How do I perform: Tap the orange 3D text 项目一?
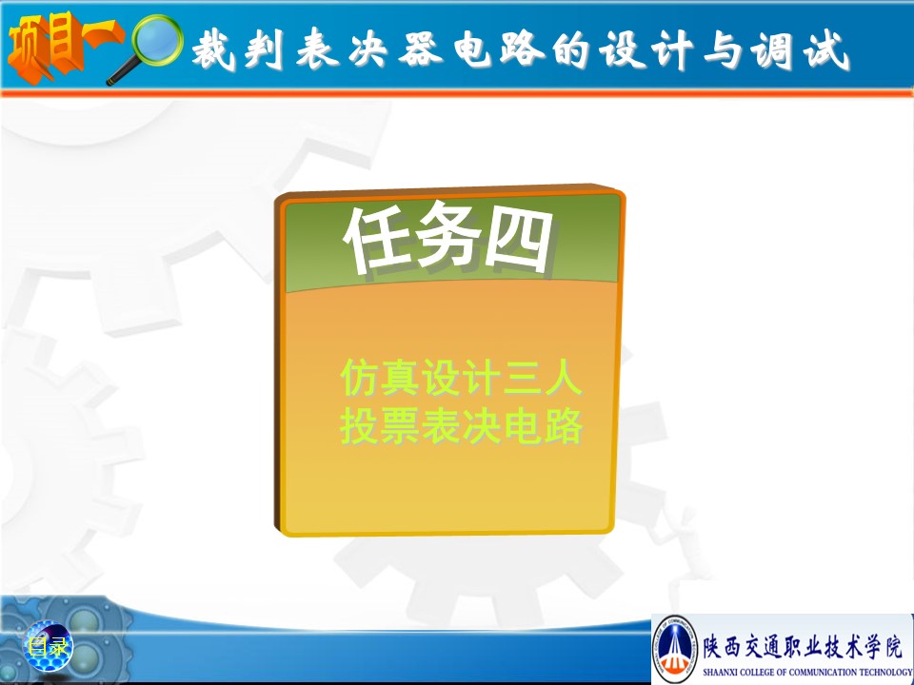[63, 46]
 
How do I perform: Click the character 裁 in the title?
[213, 50]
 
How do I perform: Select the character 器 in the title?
[421, 49]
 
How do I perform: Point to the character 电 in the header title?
[472, 49]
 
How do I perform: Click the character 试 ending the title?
[826, 50]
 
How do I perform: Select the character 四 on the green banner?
[519, 240]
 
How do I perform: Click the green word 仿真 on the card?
[380, 378]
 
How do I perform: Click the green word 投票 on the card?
[380, 426]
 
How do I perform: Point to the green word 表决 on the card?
[462, 426]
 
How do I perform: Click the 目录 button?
[49, 646]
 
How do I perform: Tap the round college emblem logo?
[675, 648]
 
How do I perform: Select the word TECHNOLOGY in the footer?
[886, 672]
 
